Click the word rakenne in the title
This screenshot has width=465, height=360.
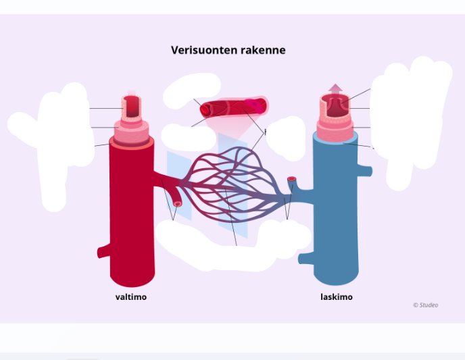coord(263,51)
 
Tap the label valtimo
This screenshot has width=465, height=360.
coord(130,297)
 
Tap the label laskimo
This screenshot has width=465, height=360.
coord(336,297)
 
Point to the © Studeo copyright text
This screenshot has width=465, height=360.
coord(425,305)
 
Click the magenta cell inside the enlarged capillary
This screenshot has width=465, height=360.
coord(253,105)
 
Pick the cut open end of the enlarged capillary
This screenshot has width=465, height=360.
coord(205,109)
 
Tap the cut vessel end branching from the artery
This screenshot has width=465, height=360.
coord(178,203)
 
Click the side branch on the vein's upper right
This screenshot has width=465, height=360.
coord(367,170)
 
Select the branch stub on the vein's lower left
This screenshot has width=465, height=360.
coord(305,257)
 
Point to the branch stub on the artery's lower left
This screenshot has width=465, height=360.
coord(103,252)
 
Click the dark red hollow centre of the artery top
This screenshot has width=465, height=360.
coord(133,105)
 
